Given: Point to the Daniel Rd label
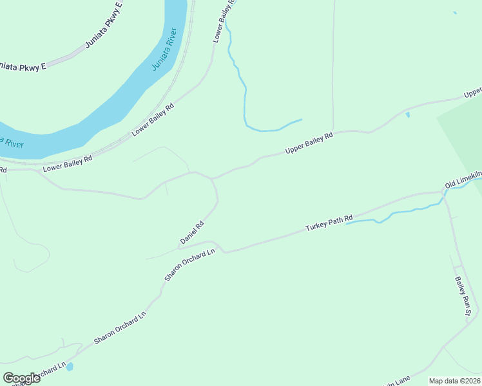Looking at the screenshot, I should click(x=192, y=233).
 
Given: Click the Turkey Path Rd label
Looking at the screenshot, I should click(x=329, y=223).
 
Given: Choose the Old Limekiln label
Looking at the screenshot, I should click(x=463, y=179).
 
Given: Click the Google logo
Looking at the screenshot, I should click(x=21, y=378).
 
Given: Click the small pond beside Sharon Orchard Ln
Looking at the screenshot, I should click(x=70, y=367).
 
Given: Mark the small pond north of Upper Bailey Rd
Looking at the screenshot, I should click(x=407, y=115).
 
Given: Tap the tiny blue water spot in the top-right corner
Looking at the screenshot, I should click(x=455, y=13).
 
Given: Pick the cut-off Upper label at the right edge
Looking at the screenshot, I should click(x=473, y=93).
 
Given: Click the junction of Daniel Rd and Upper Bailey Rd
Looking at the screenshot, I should click(x=211, y=179).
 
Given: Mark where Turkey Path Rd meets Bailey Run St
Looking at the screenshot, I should click(x=444, y=192).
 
